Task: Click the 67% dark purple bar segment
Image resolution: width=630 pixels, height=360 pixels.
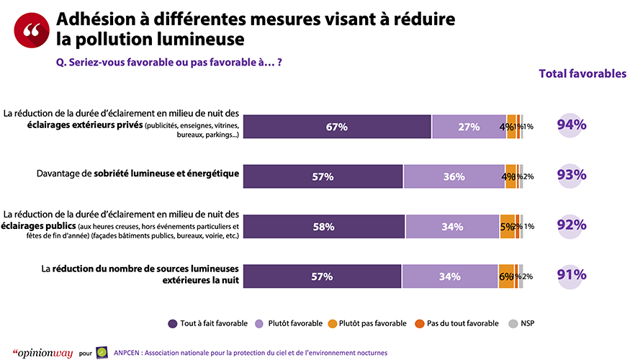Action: pyautogui.click(x=336, y=127)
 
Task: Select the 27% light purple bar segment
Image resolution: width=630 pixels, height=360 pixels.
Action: pyautogui.click(x=469, y=127)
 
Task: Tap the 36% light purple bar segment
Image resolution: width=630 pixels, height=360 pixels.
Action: pyautogui.click(x=454, y=176)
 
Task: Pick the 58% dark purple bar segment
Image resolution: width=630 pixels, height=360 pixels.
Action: pyautogui.click(x=323, y=227)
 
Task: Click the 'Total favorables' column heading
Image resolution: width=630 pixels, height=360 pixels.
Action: pyautogui.click(x=582, y=74)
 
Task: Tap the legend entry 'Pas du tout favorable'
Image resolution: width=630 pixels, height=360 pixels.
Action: pyautogui.click(x=454, y=323)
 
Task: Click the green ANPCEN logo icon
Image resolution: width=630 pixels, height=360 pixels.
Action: pyautogui.click(x=102, y=352)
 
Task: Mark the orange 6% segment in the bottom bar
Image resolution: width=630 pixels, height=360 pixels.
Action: pyautogui.click(x=506, y=276)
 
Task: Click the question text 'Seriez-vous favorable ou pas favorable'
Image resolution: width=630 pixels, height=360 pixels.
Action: pyautogui.click(x=168, y=62)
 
